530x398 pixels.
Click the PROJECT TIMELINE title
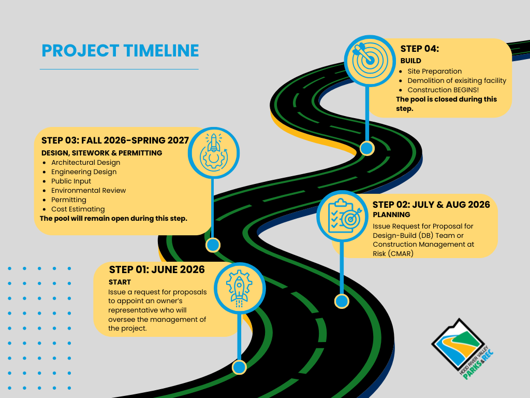[120, 51]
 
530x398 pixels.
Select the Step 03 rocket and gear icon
[213, 150]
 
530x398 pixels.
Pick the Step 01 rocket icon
[239, 288]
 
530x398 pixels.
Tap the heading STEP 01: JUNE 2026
[157, 269]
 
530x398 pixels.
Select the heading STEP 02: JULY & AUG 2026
[431, 205]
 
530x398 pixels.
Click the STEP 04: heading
[419, 49]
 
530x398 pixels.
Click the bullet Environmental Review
[89, 190]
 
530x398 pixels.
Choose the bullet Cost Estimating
[78, 209]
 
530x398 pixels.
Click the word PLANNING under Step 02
[391, 215]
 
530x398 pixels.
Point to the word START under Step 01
[120, 282]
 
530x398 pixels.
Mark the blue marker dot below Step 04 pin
[367, 148]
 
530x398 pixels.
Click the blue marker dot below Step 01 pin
[239, 367]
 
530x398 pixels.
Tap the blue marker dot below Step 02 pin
[342, 301]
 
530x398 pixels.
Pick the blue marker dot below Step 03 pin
[213, 245]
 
